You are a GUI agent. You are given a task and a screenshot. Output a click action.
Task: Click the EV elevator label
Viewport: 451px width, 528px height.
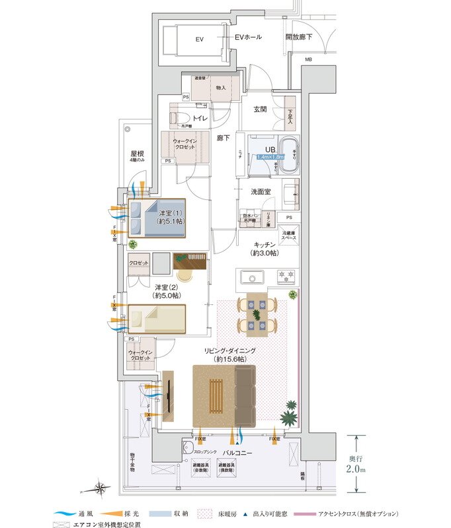(199, 40)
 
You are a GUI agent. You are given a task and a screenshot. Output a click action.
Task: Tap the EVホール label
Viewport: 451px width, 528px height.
(248, 37)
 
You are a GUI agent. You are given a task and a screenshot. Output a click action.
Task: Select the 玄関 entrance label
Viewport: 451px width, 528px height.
(260, 109)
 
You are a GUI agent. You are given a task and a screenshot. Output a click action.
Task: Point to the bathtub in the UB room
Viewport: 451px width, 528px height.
(290, 156)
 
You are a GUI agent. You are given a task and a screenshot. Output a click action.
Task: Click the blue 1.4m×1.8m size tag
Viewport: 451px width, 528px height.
(270, 157)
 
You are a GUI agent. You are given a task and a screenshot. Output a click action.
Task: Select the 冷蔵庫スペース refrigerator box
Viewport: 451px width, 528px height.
(288, 234)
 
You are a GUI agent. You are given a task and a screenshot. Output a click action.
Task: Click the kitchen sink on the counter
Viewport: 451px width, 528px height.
(252, 276)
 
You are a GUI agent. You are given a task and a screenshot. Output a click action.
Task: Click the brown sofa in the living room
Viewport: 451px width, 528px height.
(245, 395)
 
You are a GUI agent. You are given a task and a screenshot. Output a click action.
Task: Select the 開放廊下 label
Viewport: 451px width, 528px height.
(299, 38)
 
